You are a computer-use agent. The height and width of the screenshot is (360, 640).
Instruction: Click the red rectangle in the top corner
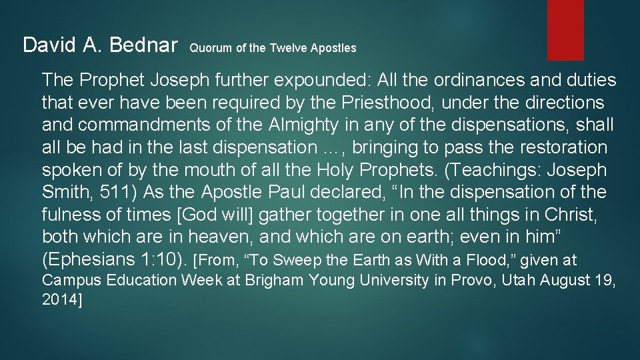tap(565, 29)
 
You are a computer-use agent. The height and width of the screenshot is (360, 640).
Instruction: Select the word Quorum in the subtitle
tap(207, 48)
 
